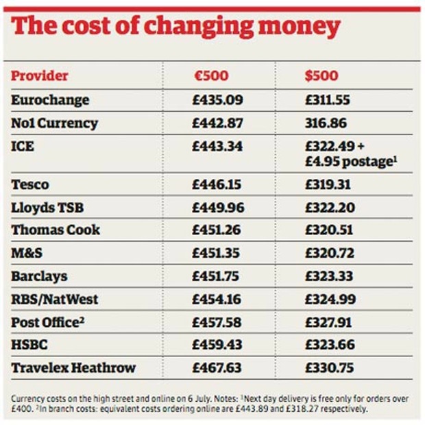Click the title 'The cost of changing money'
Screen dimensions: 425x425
176,27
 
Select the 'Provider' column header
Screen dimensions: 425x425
40,75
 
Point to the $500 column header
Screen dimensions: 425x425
321,75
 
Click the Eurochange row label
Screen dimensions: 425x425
50,100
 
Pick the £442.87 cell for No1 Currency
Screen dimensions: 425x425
217,123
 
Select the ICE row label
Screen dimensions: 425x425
23,147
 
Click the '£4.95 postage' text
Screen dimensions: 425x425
350,162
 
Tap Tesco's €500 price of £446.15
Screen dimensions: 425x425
217,185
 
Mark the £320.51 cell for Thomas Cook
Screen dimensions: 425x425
327,230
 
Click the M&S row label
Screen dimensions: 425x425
27,253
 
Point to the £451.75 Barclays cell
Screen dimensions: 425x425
217,276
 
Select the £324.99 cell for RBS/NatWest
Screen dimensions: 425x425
328,299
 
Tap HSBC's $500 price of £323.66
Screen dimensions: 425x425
328,345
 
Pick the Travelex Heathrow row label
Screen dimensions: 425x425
73,367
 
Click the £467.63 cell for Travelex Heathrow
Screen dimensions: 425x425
217,367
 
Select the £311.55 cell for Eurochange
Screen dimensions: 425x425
328,100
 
